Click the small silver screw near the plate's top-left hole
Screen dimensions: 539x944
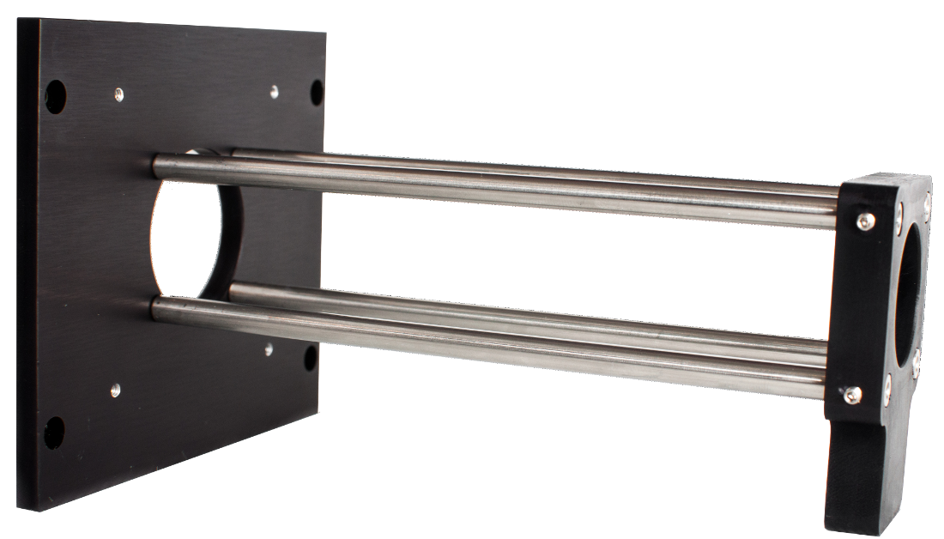(x=118, y=89)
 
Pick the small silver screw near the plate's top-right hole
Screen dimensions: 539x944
(x=274, y=88)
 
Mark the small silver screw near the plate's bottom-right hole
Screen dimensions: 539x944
(x=269, y=349)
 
